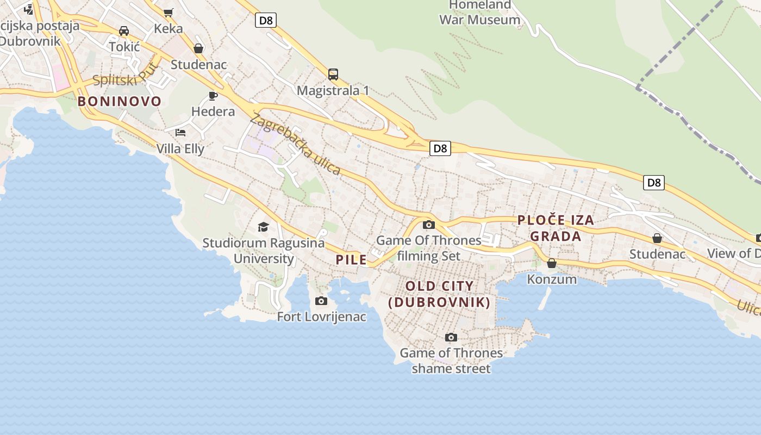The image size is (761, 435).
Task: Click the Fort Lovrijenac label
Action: click(321, 316)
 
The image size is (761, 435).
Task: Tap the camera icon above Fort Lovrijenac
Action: click(321, 301)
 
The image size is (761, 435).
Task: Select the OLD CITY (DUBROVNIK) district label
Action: click(439, 294)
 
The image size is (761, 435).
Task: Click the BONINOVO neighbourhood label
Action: click(120, 101)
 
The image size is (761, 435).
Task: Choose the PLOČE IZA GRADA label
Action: click(556, 228)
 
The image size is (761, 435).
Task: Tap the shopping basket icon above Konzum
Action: click(552, 263)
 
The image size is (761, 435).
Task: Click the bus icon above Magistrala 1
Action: click(333, 74)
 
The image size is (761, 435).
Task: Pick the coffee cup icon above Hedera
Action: click(213, 96)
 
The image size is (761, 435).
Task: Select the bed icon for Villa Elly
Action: click(180, 133)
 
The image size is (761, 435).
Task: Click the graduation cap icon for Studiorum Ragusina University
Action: click(263, 227)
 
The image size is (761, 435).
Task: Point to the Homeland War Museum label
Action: click(479, 13)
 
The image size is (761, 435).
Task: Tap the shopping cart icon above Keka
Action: click(169, 13)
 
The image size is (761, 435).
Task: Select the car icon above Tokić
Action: click(124, 31)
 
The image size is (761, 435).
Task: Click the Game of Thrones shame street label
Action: click(451, 361)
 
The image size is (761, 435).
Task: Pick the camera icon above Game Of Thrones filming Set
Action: click(428, 225)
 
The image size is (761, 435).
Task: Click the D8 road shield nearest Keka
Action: click(266, 21)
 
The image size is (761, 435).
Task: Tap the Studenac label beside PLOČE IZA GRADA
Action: click(657, 254)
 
